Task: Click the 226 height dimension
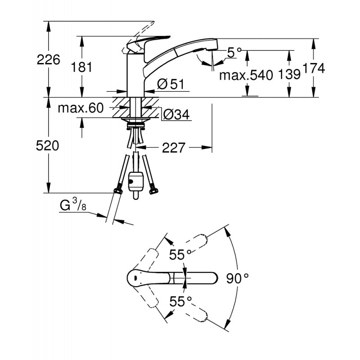(48, 60)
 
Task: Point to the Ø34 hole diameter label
(175, 115)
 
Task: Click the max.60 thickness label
(81, 108)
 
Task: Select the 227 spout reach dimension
(174, 147)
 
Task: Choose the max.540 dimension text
(246, 75)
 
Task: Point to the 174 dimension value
(313, 68)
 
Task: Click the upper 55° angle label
(180, 255)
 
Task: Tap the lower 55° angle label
(180, 301)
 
